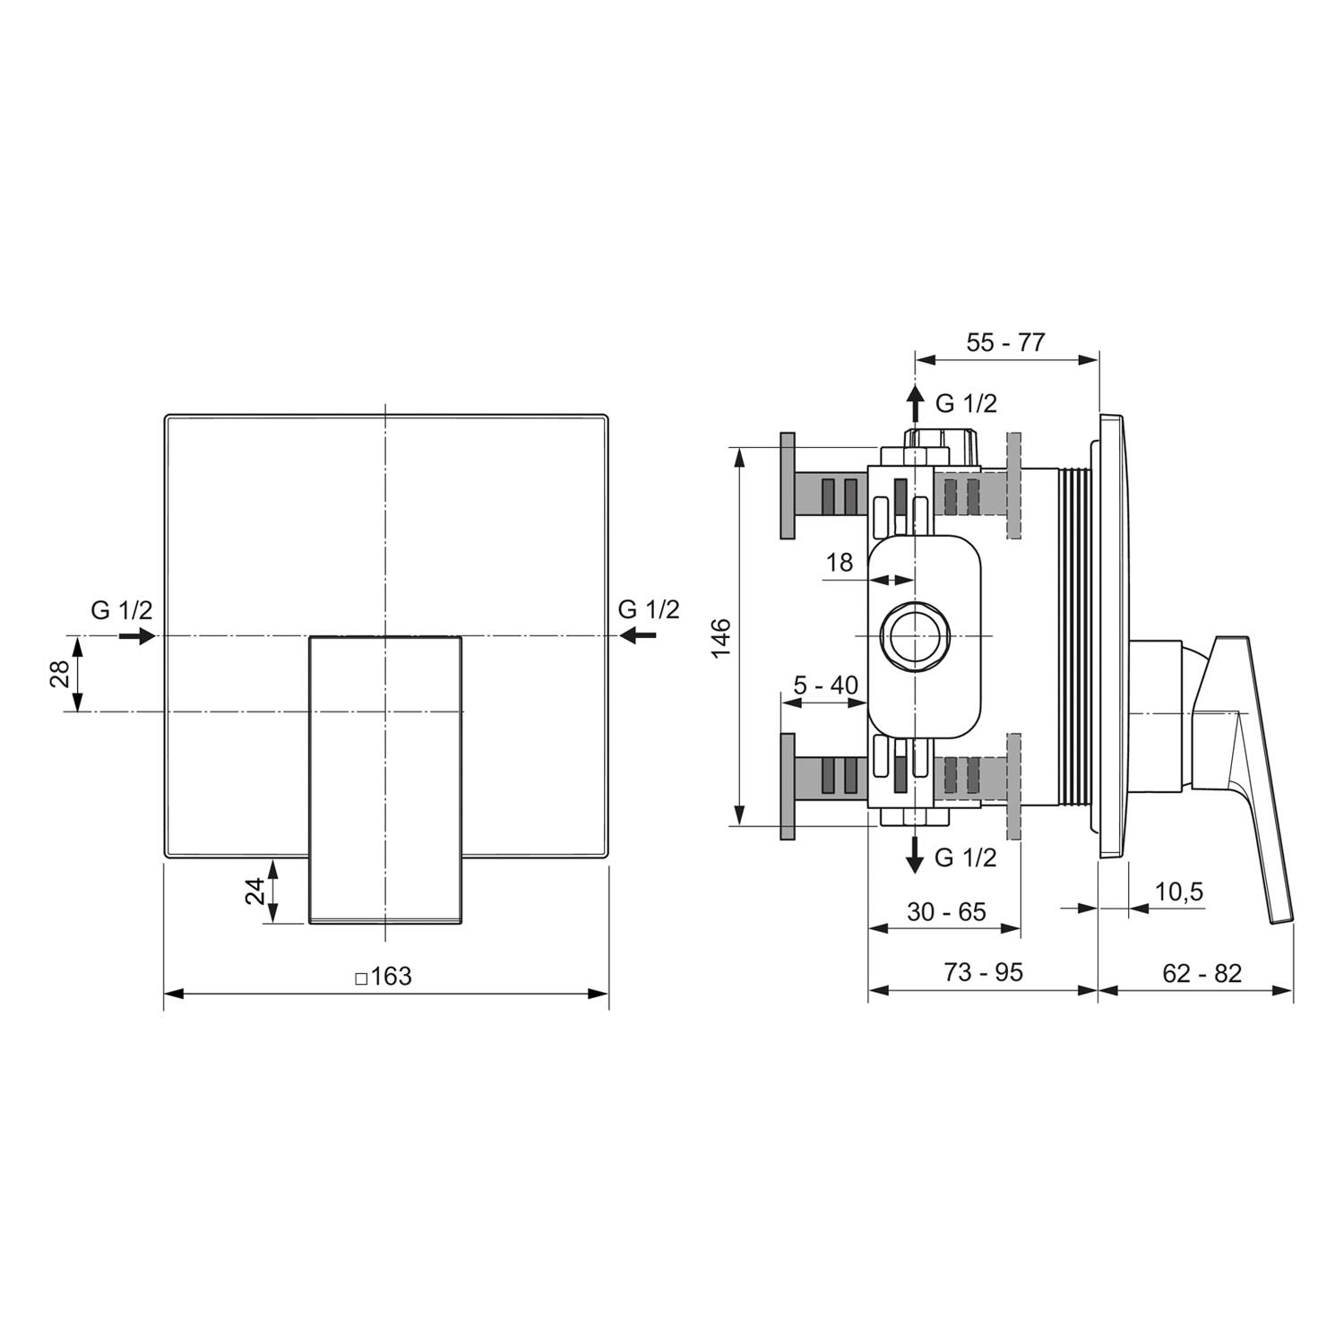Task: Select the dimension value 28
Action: [x=60, y=674]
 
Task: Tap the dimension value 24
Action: [x=255, y=891]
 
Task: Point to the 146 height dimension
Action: [x=722, y=636]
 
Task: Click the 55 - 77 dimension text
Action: [x=1005, y=341]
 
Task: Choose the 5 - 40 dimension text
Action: [x=825, y=685]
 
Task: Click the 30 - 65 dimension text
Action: [x=946, y=911]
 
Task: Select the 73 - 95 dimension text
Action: [x=983, y=972]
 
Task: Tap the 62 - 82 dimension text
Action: [x=1202, y=972]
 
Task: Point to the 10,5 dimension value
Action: [x=1179, y=892]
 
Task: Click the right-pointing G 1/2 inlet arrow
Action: [x=137, y=636]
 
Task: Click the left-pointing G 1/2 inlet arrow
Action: [x=637, y=635]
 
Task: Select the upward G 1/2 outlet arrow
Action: [x=915, y=403]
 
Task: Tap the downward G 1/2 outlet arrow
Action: [x=915, y=854]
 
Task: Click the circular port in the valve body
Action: [x=914, y=635]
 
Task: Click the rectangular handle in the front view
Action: [x=385, y=780]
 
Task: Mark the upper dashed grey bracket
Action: [x=1014, y=486]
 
